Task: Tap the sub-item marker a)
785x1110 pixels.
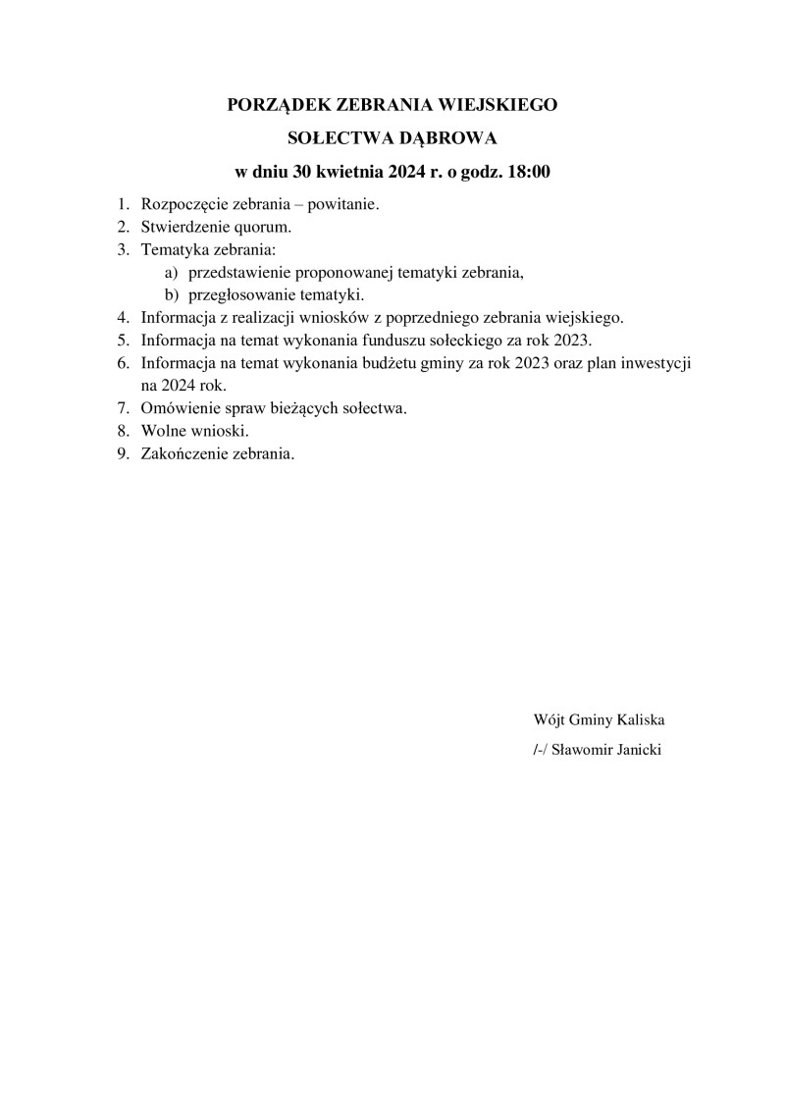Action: (x=171, y=272)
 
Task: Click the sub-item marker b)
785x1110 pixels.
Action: (x=171, y=294)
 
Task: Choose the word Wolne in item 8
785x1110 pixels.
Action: (x=162, y=430)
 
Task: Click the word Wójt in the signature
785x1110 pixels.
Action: (x=549, y=719)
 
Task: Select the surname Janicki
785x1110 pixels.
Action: (x=639, y=750)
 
